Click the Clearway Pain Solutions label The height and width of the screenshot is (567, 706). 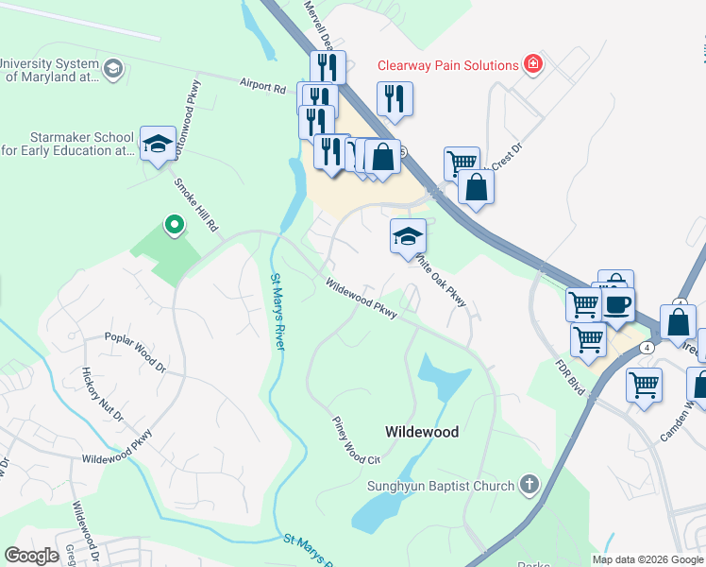(x=447, y=65)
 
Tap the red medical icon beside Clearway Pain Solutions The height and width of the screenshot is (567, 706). (x=534, y=64)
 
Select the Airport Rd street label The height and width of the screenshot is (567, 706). (x=261, y=86)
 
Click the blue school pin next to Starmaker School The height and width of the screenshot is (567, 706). (x=158, y=145)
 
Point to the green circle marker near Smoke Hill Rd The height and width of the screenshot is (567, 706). (x=174, y=225)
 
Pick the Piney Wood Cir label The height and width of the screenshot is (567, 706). (x=356, y=440)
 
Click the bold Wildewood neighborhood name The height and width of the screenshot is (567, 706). (x=422, y=432)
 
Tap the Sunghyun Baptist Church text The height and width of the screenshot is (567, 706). (x=441, y=487)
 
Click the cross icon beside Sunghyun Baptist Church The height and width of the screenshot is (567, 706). (x=529, y=487)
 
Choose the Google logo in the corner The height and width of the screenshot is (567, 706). (x=31, y=556)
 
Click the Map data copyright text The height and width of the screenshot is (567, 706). (x=647, y=559)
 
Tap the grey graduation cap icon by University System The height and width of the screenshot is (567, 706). (x=112, y=69)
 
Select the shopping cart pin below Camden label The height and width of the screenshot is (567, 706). (x=644, y=386)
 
